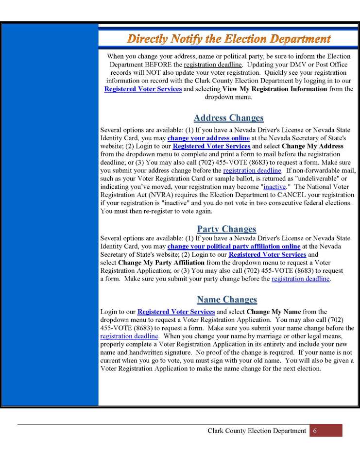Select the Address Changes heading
point(228,118)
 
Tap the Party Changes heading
point(226,229)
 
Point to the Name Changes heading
point(227,300)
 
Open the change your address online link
point(208,138)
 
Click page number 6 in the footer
point(314,431)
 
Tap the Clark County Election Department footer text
point(257,431)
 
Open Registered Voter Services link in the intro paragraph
point(143,89)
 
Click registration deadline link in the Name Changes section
point(129,336)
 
